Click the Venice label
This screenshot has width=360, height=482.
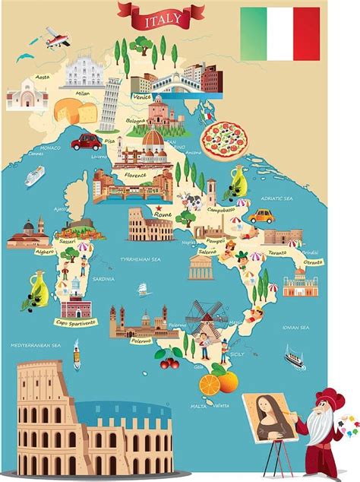(x=140, y=97)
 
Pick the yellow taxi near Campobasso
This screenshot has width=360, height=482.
(x=261, y=215)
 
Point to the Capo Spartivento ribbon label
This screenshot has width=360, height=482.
(x=75, y=322)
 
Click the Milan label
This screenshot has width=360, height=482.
(x=83, y=94)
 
